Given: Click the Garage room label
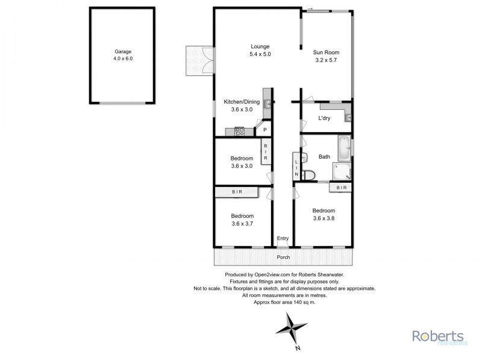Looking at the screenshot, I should pos(123,52).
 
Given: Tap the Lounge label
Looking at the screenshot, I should pos(260,46).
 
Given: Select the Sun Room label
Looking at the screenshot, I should pos(326,52).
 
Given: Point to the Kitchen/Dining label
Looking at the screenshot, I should pos(242,102).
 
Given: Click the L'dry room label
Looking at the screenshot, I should pos(326,118).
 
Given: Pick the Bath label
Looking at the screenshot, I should pos(324,157).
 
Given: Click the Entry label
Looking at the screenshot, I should pos(283,239).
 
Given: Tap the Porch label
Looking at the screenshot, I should pos(283,258).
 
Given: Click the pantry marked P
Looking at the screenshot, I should pos(264,130).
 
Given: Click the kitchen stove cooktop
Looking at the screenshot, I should pos(239,130).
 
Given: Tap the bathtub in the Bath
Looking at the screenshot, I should pos(344,148).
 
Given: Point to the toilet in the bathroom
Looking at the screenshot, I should pos(308,175).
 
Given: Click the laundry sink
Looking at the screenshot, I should pos(348,117).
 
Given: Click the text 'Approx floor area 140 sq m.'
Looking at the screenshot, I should pos(283,302).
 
